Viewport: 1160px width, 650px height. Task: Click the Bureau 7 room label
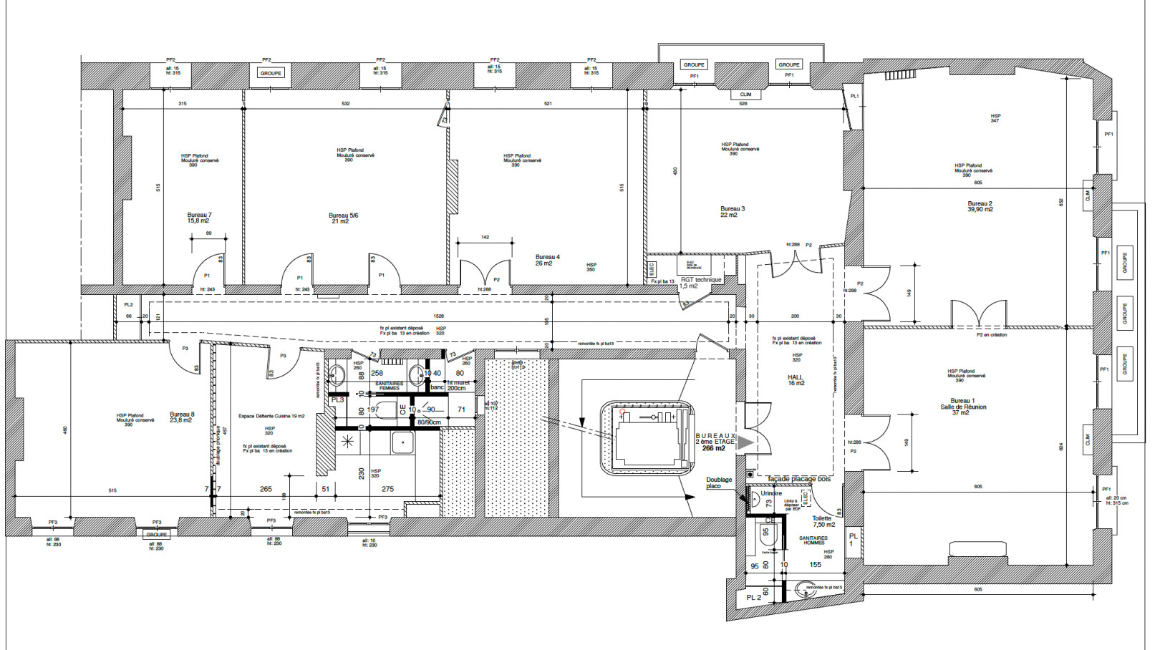[x=199, y=218]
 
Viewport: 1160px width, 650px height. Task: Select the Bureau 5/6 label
[x=343, y=218]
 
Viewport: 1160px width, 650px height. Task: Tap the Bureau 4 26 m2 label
[x=547, y=260]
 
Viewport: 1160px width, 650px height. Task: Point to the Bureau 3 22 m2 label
[x=732, y=212]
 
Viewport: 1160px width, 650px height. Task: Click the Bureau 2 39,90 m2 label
[x=980, y=206]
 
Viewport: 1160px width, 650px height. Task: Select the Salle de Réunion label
[x=963, y=407]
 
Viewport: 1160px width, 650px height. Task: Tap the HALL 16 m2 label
[x=796, y=380]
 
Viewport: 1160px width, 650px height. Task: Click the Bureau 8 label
[x=181, y=417]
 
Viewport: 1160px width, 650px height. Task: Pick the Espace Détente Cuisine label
[x=271, y=416]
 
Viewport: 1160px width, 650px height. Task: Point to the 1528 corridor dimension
[x=438, y=316]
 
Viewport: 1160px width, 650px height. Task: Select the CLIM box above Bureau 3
[x=745, y=94]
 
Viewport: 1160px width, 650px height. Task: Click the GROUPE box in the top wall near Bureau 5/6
[x=271, y=73]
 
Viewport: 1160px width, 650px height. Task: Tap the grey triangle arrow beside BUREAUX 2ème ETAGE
[x=745, y=442]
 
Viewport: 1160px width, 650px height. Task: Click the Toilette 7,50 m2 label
[x=823, y=521]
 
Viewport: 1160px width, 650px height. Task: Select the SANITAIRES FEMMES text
[x=390, y=386]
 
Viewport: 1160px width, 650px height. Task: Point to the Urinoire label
[x=771, y=493]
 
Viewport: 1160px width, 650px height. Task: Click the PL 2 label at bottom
[x=753, y=597]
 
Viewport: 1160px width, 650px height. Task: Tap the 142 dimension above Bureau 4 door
[x=485, y=237]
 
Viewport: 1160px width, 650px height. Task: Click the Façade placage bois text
[x=798, y=479]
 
